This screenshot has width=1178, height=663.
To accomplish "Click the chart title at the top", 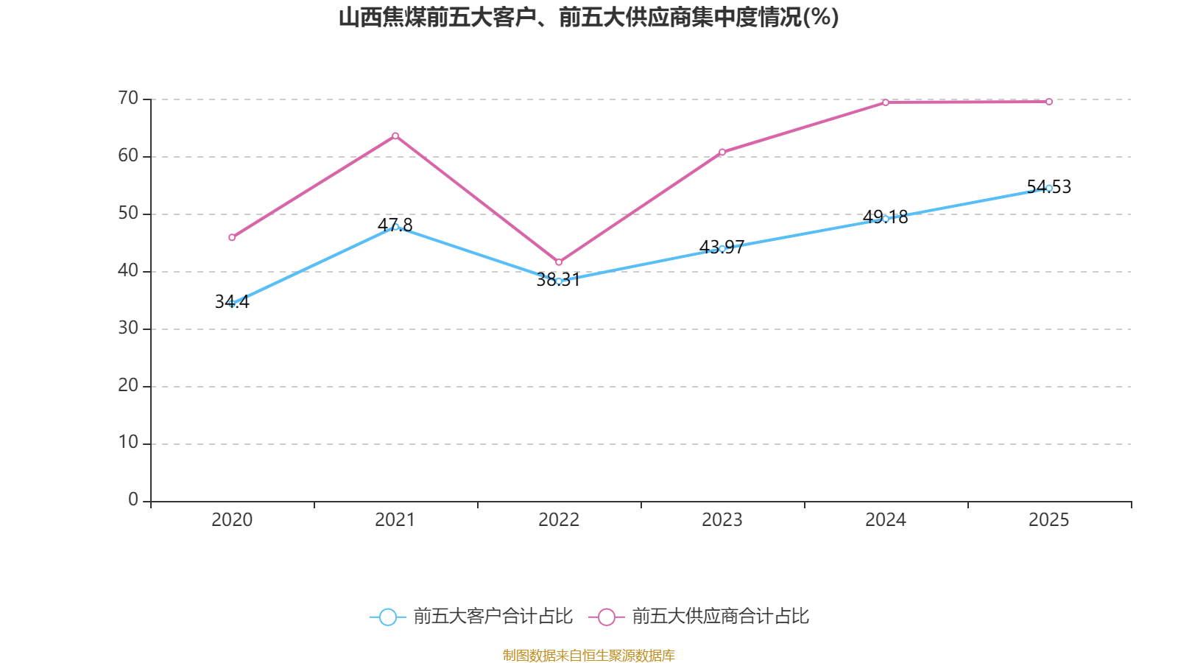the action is pos(588,18).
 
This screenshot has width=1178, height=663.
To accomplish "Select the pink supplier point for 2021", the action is pos(395,136).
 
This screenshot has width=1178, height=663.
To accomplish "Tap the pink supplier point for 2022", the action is pos(559,262).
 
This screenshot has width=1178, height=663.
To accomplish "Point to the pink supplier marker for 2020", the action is pos(232,237).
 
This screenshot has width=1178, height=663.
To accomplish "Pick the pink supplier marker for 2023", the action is pos(722,152).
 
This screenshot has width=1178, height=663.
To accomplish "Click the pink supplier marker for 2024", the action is pos(886,102).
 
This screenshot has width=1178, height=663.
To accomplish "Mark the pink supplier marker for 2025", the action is pos(1049,102).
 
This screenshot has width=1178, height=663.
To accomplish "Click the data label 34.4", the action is pos(232,301).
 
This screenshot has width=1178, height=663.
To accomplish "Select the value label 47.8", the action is pos(395,225).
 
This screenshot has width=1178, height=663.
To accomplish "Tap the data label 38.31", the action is pos(559,279).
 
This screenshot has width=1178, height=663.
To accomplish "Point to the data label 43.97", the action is pos(722,247).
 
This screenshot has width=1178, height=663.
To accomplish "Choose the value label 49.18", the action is pos(886,217).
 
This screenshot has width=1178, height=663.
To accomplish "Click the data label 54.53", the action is pos(1049,187).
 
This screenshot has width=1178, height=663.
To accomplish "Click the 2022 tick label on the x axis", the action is pos(559,520).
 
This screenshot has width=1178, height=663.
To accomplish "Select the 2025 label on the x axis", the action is pos(1049,520).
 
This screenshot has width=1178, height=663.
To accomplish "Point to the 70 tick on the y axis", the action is pos(128,98).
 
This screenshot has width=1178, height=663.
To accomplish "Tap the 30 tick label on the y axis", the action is pos(128,328).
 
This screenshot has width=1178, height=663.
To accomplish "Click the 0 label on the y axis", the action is pos(133,499).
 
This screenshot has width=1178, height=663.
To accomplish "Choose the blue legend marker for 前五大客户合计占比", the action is pos(388,617).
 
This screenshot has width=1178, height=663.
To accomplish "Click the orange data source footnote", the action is pos(588,655).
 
